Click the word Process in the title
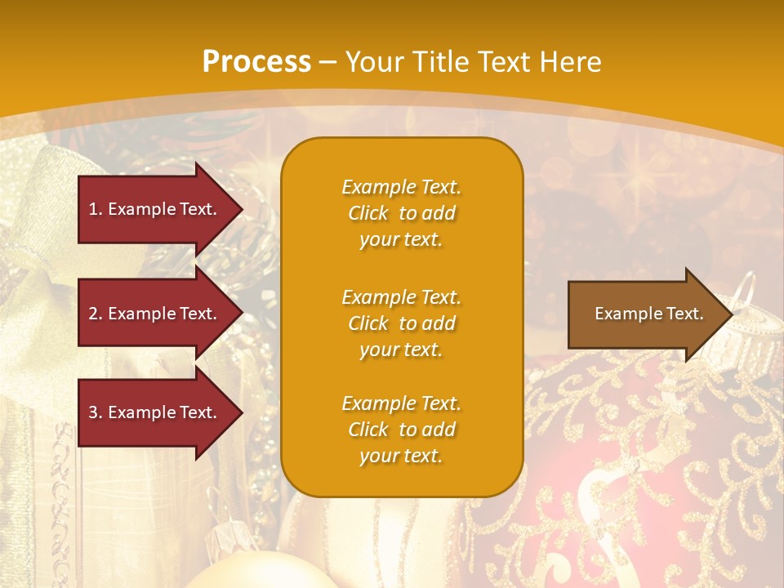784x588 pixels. point(256,62)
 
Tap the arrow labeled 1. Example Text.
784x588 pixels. point(155,209)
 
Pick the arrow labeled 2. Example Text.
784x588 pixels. point(155,314)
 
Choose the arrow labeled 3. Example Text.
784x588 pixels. point(155,412)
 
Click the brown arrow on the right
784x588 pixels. point(645,314)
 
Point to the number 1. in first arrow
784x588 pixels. point(96,209)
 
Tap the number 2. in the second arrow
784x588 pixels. point(96,314)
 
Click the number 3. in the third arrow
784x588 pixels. point(96,412)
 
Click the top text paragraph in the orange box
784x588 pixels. point(401,213)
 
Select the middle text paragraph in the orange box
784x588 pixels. point(401,323)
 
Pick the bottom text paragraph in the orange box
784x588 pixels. point(401,430)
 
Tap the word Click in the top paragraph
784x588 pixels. point(368,213)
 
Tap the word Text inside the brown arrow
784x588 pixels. point(684,314)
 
